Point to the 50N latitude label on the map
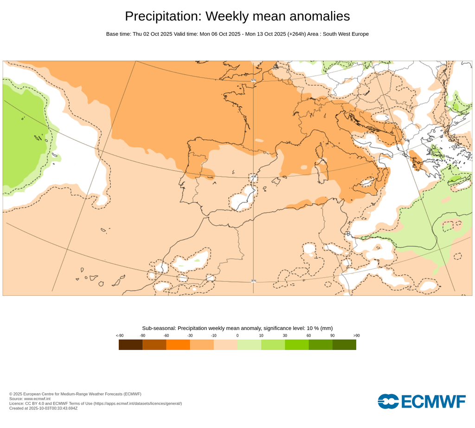[253, 80]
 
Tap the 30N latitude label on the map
[253, 281]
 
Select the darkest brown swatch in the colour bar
[130, 344]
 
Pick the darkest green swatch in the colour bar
[344, 344]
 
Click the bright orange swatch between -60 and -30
[178, 344]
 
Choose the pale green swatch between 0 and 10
[249, 344]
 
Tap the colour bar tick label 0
[237, 335]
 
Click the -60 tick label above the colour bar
[166, 335]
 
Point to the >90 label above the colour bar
[356, 335]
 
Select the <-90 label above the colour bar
[119, 335]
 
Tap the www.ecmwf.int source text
[37, 399]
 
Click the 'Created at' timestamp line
[43, 408]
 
